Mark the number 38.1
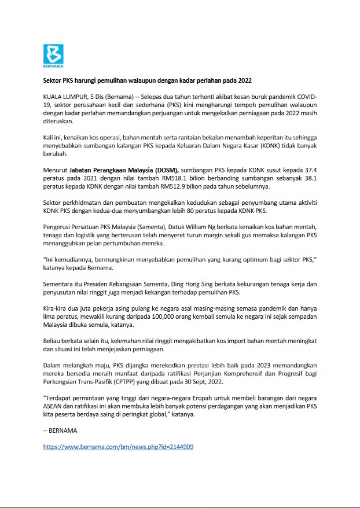[311, 179]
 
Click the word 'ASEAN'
[54, 407]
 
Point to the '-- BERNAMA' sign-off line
[60, 430]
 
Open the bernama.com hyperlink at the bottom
[118, 447]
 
